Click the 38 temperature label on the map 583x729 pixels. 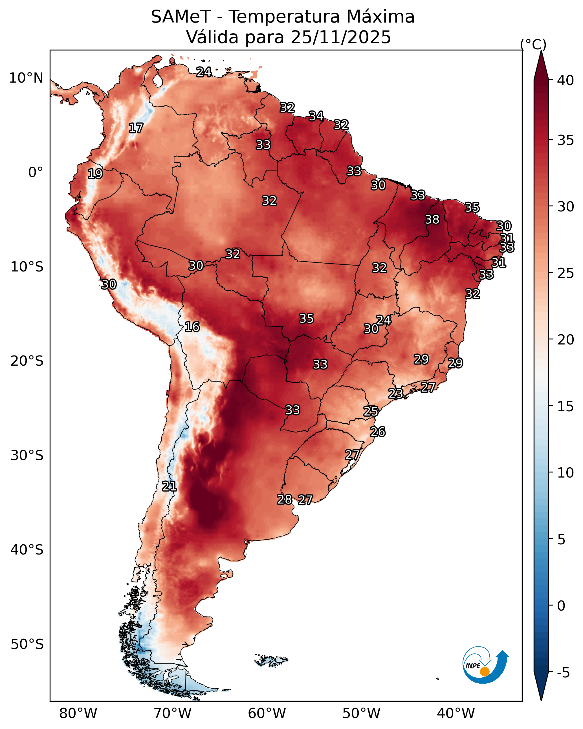(432, 219)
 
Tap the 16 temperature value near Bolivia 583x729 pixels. (192, 327)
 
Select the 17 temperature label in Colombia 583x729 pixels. (136, 128)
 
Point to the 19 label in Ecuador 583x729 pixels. (95, 174)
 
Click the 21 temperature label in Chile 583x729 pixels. (169, 486)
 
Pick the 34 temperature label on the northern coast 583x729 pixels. (316, 116)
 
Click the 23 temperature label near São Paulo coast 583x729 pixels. (395, 393)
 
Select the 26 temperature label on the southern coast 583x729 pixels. (378, 432)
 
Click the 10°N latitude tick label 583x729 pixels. (26, 78)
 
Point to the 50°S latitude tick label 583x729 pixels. (27, 644)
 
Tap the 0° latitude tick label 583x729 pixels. (36, 173)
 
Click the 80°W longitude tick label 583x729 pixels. (78, 713)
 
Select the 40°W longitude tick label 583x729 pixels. (456, 713)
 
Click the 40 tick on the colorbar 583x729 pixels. (566, 80)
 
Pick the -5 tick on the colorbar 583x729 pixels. (563, 673)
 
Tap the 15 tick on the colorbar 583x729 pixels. (566, 407)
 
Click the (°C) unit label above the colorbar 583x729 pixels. (533, 44)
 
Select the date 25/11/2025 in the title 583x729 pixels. (341, 37)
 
